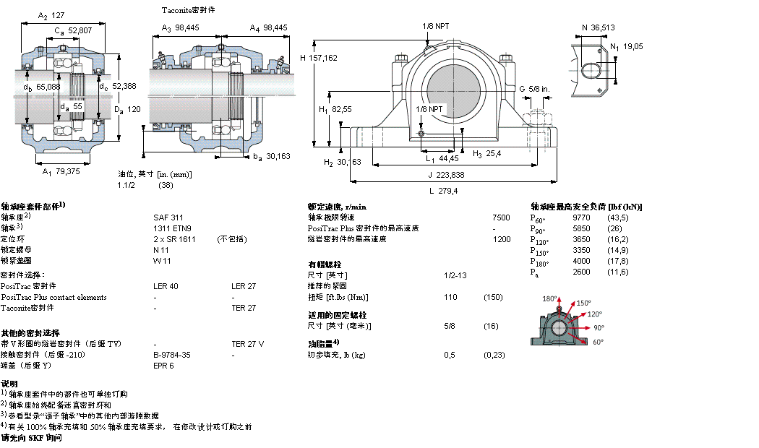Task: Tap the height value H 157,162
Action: pos(318,58)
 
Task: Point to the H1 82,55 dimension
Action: pos(335,109)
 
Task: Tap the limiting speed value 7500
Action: pos(500,217)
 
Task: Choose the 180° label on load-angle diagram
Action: pos(550,298)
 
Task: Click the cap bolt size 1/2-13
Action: pos(455,275)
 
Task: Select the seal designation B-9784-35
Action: pos(172,355)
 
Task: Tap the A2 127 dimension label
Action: pos(51,14)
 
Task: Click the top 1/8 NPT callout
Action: pos(436,26)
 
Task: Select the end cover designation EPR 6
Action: pos(163,366)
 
